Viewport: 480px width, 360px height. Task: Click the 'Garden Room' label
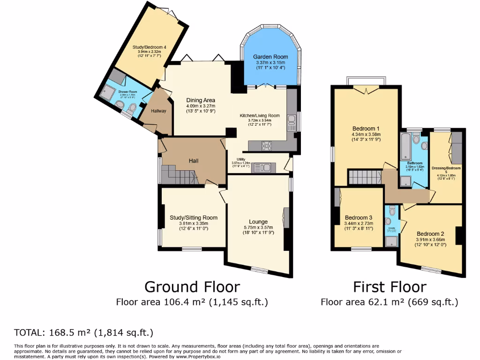271,57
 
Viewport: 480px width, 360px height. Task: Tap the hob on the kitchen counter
268,146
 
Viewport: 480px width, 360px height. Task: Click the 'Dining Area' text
201,100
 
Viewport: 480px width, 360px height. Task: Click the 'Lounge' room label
258,222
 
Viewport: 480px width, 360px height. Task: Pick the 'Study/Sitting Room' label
194,217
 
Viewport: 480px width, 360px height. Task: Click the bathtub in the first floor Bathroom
405,147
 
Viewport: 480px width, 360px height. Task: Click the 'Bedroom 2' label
430,234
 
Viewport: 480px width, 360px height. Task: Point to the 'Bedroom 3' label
359,217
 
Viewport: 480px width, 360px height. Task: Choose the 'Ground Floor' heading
192,286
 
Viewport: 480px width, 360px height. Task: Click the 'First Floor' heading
390,286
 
